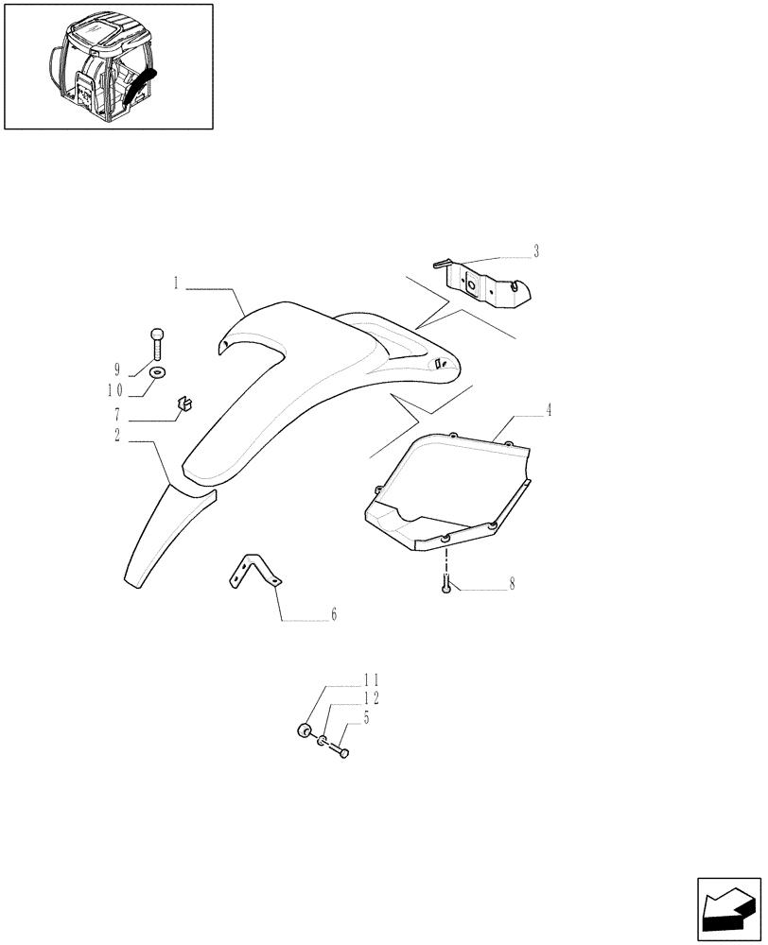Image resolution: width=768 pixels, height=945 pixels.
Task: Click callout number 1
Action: pos(177,283)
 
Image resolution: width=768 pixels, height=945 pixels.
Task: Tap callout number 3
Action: pos(535,251)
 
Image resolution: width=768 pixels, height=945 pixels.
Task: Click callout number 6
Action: pos(333,615)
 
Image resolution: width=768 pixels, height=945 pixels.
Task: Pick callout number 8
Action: pos(512,584)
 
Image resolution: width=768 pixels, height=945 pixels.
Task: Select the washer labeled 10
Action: pos(156,371)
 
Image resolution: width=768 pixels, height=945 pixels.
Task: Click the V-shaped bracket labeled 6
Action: pos(254,573)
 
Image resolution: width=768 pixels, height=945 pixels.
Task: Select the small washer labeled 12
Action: pos(322,740)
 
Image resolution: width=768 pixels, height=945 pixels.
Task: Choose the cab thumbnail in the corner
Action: pos(108,66)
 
